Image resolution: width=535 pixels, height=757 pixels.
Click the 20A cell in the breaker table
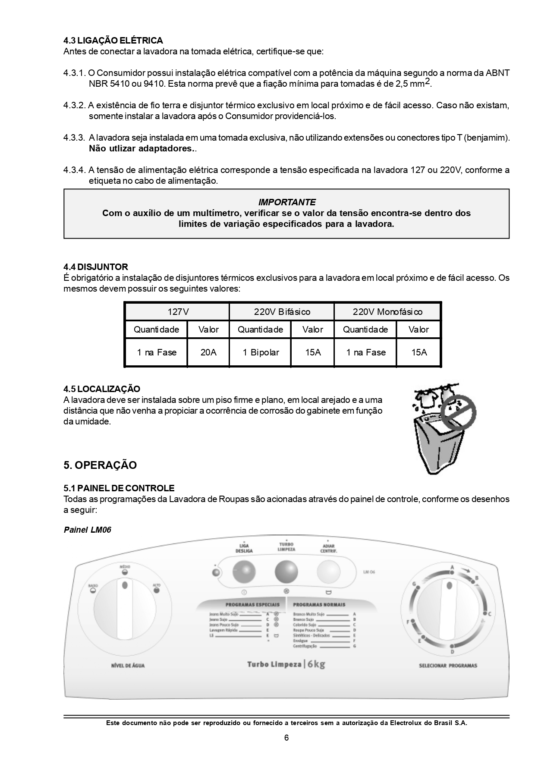pos(208,352)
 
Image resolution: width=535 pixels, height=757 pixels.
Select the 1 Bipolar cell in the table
pos(261,352)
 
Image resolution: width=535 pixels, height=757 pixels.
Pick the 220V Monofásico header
pos(387,312)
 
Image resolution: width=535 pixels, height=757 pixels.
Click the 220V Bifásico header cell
pos(282,312)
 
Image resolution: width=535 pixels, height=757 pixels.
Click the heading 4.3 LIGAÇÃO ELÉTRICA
pos(113,41)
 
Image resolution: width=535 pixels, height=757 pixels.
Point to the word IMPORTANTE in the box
pos(286,202)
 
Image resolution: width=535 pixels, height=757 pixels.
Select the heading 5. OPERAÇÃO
pos(100,465)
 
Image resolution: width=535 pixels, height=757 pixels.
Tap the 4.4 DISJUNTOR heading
pos(96,267)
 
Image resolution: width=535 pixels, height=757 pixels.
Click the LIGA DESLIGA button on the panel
pos(244,572)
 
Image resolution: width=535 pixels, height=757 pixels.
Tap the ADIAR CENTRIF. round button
pos(328,572)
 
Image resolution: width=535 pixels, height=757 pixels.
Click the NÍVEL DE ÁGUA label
pos(128,666)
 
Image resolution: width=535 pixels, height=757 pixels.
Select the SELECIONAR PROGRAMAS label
pos(448,666)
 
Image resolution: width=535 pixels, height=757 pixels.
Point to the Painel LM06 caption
pos(87,530)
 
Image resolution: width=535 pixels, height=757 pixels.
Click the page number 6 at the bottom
pos(286,738)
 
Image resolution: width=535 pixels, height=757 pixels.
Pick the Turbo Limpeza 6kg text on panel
pos(286,664)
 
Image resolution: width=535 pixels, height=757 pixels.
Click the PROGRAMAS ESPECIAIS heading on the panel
pos(252,605)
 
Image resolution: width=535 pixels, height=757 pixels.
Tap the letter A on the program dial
pos(452,567)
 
